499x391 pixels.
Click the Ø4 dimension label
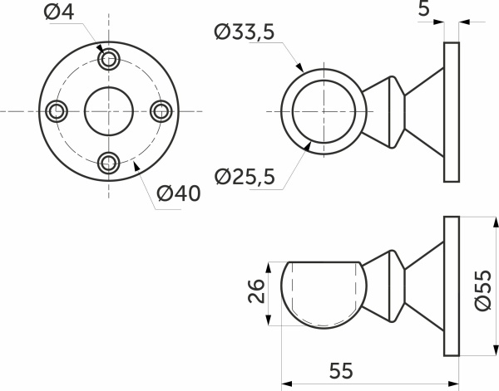click(x=59, y=12)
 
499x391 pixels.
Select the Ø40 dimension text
click(x=179, y=193)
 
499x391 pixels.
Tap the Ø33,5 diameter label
click(x=244, y=32)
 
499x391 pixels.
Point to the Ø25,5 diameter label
click(x=244, y=177)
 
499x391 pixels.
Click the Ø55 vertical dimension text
click(x=483, y=291)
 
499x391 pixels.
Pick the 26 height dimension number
click(x=256, y=291)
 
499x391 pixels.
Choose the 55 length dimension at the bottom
click(x=341, y=370)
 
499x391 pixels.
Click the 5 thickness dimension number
click(x=424, y=8)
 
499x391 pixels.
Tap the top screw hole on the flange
click(x=109, y=59)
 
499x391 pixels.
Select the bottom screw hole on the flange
click(x=109, y=164)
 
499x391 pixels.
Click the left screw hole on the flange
click(x=57, y=111)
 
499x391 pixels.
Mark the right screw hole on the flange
click(x=161, y=111)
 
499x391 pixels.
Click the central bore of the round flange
click(x=109, y=111)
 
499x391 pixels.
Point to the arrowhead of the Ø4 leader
click(x=100, y=48)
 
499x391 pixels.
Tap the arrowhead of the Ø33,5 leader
click(x=299, y=67)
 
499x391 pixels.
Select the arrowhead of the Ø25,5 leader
click(x=308, y=147)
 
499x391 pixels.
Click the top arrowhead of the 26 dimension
click(x=269, y=267)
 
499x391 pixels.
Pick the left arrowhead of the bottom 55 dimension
click(x=287, y=384)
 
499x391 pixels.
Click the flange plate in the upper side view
click(x=452, y=112)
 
